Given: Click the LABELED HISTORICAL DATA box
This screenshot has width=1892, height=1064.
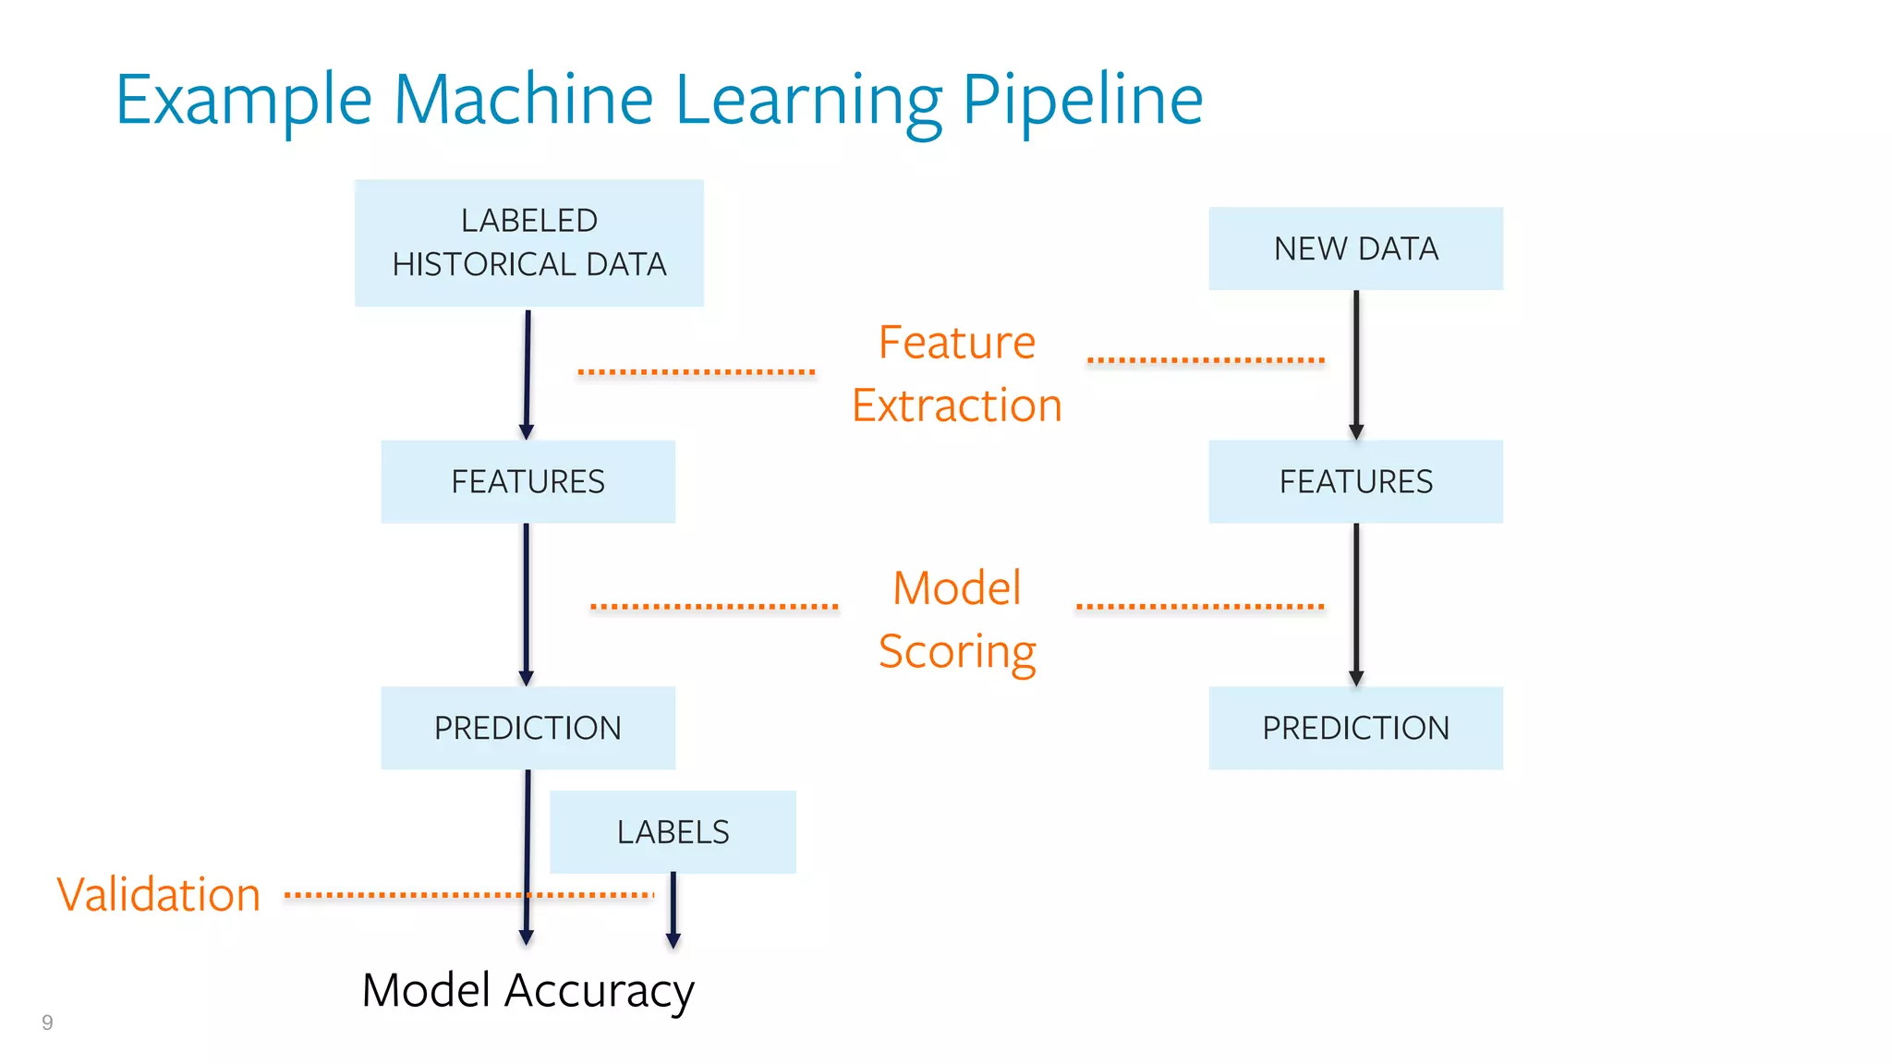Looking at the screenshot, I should [x=528, y=243].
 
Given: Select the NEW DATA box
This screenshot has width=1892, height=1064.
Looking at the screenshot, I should [x=1355, y=248].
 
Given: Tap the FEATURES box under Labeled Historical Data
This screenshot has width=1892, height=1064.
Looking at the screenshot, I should [x=528, y=481].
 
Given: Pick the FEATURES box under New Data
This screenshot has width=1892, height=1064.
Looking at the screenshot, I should [x=1355, y=481].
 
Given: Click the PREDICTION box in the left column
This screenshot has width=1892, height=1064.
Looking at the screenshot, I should [x=528, y=728].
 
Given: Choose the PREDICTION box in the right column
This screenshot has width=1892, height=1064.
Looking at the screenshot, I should [x=1355, y=728].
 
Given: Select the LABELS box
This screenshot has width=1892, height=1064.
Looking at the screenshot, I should [x=673, y=831].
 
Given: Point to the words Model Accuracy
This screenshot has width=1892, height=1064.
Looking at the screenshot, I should [x=528, y=990].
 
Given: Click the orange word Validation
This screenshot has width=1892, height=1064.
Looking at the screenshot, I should [x=159, y=894].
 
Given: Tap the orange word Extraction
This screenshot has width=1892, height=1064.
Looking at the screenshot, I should [x=957, y=405].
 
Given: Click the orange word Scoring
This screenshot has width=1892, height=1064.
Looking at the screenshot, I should [x=957, y=651].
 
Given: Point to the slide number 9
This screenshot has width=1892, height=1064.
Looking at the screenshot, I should [x=47, y=1022].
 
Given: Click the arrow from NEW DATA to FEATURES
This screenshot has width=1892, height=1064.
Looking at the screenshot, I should [x=1356, y=365].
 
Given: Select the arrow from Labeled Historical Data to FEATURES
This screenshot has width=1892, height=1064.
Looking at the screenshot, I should [x=528, y=374].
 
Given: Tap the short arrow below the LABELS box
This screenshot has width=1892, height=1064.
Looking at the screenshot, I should [x=673, y=910].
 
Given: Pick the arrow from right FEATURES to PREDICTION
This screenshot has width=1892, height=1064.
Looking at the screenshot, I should [x=1356, y=605].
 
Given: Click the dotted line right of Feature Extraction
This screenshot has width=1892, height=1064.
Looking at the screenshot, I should [x=1206, y=359].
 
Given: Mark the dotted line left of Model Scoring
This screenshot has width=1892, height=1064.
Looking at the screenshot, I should [x=714, y=607].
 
